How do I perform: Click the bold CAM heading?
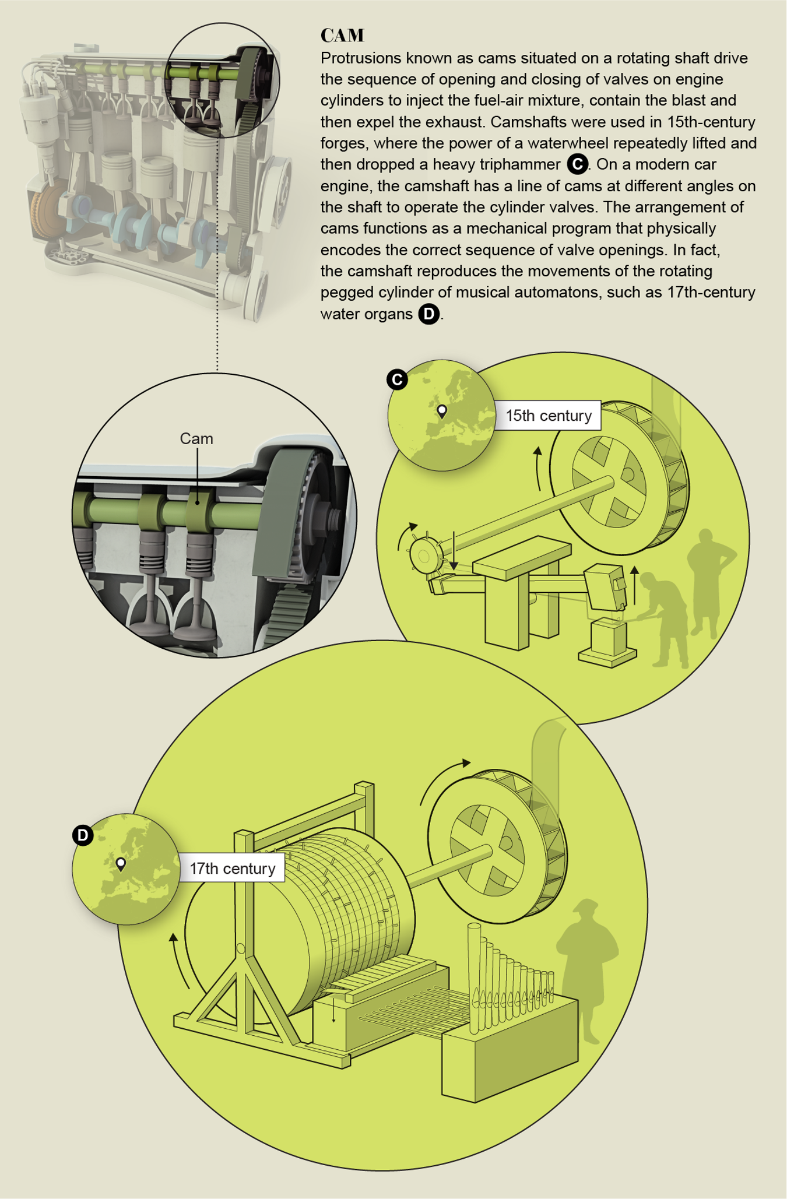tap(342, 36)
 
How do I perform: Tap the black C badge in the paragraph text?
tap(577, 164)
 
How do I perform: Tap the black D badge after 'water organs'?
tap(428, 314)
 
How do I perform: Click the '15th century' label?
tap(548, 416)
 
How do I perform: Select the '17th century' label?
tap(232, 869)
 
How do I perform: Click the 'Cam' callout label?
tap(196, 438)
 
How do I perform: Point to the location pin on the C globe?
tap(442, 412)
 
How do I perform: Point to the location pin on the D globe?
tap(121, 864)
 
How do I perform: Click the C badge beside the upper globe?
tap(397, 379)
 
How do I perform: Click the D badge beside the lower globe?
tap(83, 835)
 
